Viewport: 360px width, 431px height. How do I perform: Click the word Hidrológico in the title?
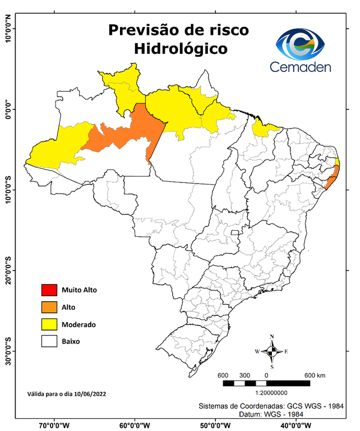click(181, 49)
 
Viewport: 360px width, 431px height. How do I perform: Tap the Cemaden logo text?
click(301, 67)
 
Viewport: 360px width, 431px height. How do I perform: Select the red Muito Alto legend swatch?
click(49, 290)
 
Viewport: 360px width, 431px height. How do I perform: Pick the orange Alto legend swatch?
click(49, 307)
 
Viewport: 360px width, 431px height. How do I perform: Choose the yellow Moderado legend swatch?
click(49, 324)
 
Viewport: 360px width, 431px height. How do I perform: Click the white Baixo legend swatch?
click(49, 341)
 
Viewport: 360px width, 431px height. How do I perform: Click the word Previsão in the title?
click(142, 30)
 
